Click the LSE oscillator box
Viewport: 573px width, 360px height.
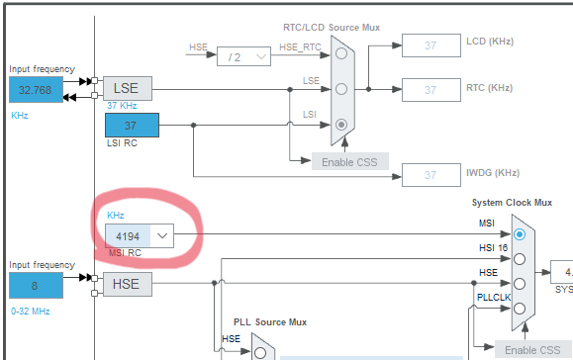point(128,88)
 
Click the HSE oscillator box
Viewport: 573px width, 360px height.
point(128,284)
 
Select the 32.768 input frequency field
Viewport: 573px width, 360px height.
point(37,89)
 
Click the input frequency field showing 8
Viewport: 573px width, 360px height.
point(37,286)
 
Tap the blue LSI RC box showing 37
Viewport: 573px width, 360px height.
point(132,126)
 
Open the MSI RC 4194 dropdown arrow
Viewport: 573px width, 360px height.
point(162,236)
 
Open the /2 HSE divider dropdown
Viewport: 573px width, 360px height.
point(243,56)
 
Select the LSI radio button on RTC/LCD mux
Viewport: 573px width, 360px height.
point(341,125)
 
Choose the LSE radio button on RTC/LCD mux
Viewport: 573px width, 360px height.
point(341,89)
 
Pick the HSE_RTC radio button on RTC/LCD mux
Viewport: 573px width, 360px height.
point(341,53)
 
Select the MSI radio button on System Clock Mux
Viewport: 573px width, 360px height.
point(520,234)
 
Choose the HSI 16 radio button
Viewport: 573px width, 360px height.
point(520,259)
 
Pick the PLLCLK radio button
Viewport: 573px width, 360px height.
point(520,309)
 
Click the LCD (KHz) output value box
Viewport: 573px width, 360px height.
point(431,45)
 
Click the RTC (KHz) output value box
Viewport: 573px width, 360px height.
point(431,90)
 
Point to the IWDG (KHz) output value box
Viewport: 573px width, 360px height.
point(431,175)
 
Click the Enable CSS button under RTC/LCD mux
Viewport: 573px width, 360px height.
point(349,162)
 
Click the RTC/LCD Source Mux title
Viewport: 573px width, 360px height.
point(332,28)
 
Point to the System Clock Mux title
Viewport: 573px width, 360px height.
point(512,203)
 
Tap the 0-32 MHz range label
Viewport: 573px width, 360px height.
point(31,312)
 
